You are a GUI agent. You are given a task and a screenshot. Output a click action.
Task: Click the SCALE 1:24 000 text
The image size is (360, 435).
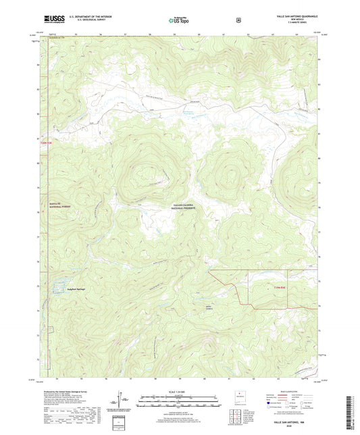click(x=180, y=391)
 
